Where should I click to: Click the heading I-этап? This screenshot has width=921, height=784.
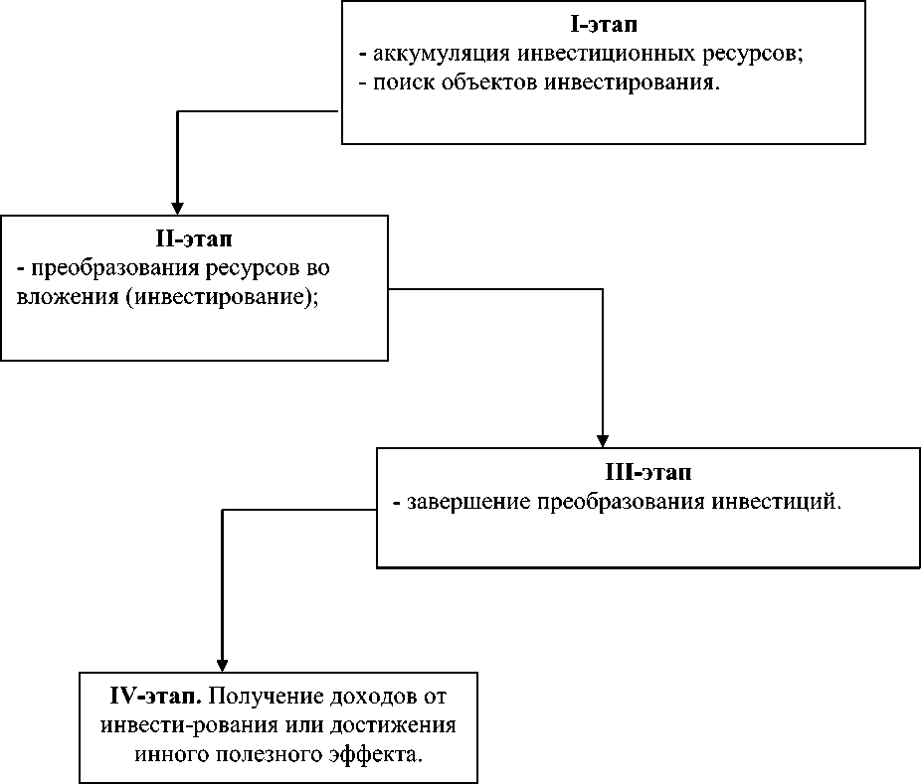click(x=603, y=23)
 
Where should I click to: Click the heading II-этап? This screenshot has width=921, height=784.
click(x=193, y=239)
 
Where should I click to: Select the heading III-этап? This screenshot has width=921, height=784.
click(x=647, y=471)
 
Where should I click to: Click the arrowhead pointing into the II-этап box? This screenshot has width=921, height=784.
click(x=177, y=206)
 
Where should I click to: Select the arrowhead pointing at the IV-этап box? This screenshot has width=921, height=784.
click(x=222, y=663)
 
